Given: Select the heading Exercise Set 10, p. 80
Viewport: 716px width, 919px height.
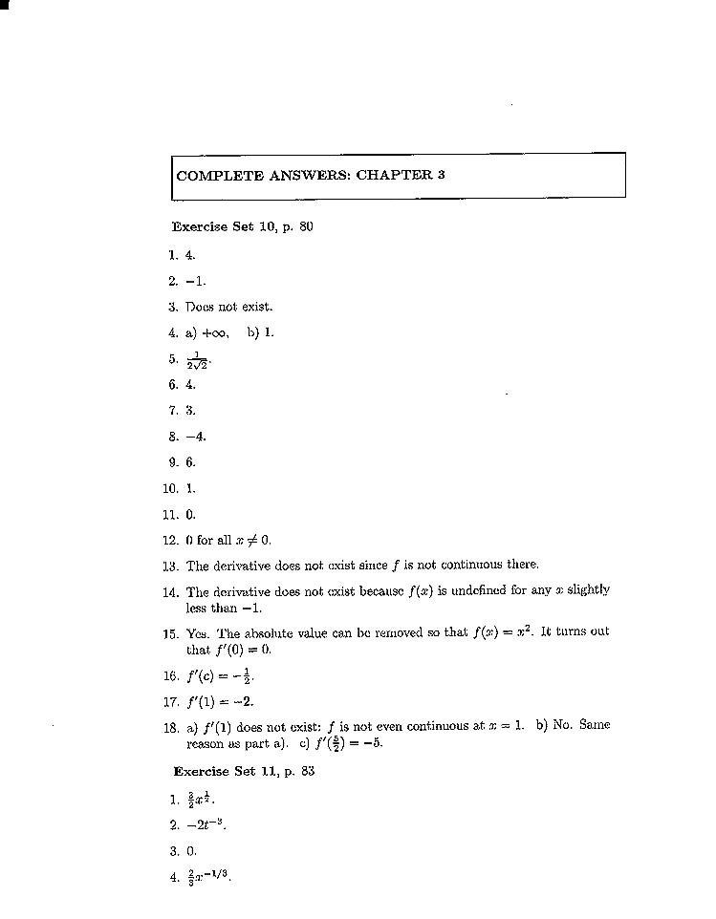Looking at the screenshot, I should (x=243, y=227).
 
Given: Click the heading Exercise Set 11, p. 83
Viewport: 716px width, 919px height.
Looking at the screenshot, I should (x=244, y=771).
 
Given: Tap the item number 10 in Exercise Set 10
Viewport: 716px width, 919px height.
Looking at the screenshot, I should (x=170, y=487).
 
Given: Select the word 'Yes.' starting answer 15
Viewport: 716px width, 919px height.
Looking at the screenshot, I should (x=197, y=631).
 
